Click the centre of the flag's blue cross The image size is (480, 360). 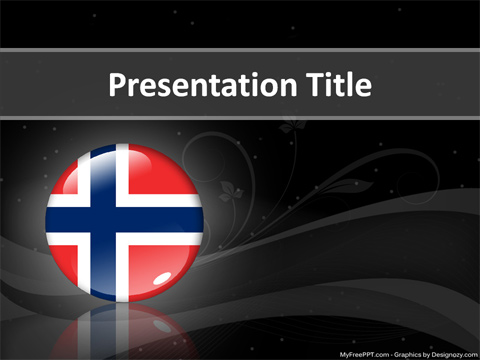coord(102,220)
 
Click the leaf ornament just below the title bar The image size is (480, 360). coord(291,125)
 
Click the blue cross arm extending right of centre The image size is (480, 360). coord(165,220)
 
